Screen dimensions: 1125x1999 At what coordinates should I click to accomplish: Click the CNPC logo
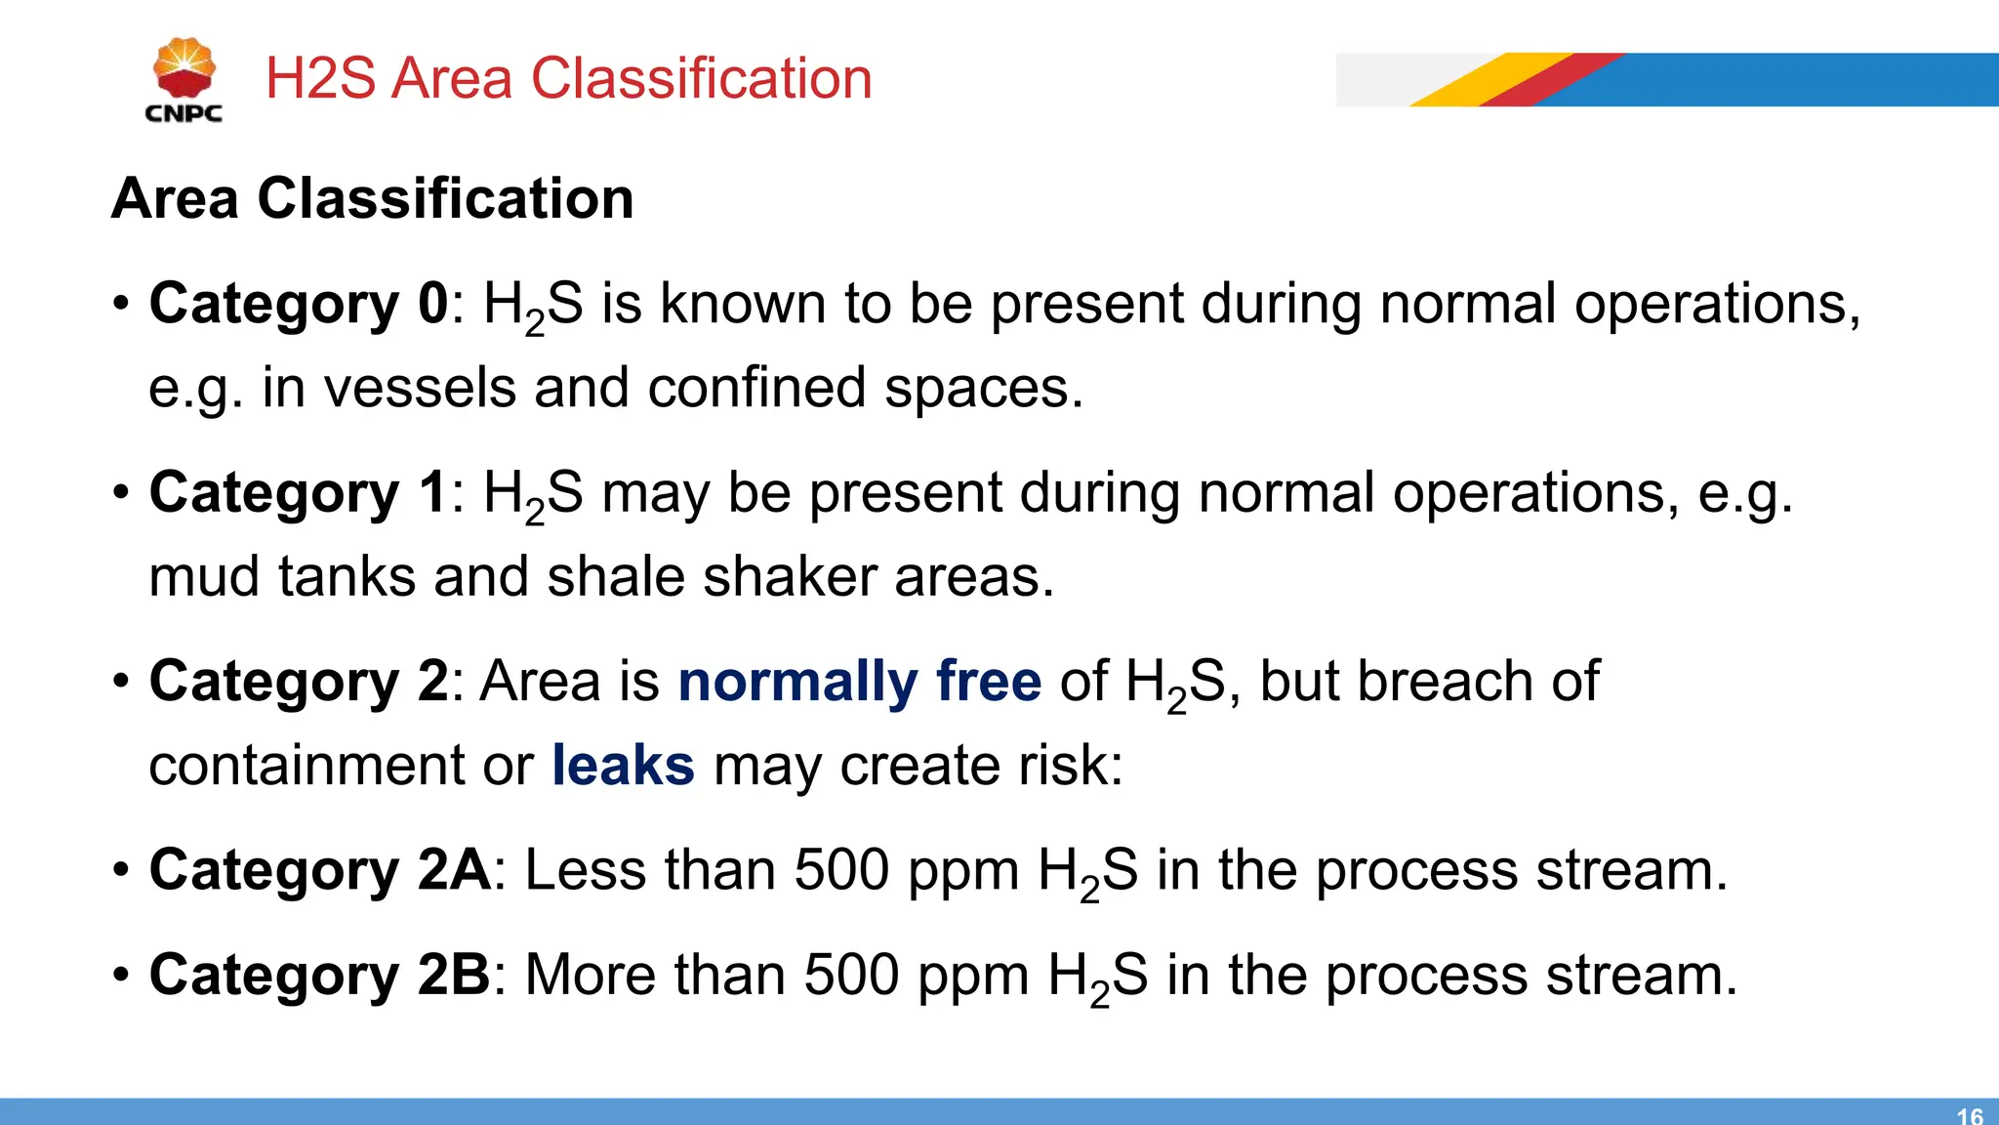[x=184, y=80]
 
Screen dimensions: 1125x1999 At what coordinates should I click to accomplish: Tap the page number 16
[x=1970, y=1115]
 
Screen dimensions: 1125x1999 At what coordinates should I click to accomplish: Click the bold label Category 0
[x=299, y=304]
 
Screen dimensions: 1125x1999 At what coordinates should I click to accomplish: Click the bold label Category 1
[x=299, y=492]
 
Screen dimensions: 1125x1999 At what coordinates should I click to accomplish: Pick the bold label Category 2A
[x=320, y=869]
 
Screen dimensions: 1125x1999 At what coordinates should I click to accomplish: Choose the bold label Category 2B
[x=319, y=975]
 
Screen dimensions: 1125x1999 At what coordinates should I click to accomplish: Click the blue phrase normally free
[x=860, y=681]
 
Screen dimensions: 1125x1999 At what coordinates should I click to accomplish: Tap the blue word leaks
[x=623, y=765]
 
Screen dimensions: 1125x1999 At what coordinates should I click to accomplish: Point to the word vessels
[x=419, y=388]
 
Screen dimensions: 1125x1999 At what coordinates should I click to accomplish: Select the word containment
[x=306, y=765]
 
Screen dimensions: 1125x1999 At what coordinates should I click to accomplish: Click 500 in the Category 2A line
[x=841, y=869]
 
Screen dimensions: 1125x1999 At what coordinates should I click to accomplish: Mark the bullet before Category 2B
[x=120, y=975]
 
